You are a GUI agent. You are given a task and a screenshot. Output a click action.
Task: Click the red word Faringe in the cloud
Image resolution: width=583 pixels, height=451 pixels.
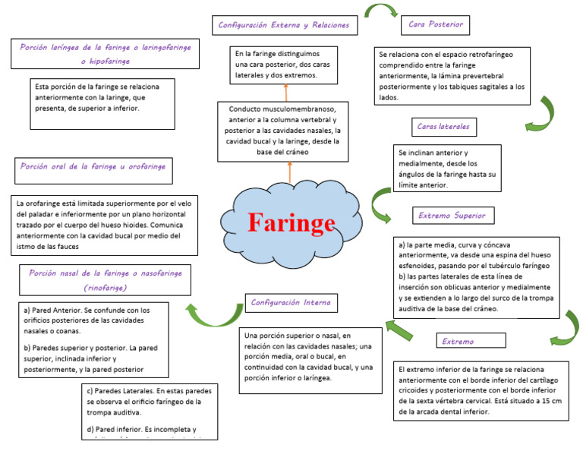point(291,223)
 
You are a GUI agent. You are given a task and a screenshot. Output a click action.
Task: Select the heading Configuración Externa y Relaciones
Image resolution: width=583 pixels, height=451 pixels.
point(284,25)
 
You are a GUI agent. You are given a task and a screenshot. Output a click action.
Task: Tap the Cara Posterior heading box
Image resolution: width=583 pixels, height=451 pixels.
point(436,24)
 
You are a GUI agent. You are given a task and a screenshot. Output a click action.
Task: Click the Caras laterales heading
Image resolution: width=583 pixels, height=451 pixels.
point(443,126)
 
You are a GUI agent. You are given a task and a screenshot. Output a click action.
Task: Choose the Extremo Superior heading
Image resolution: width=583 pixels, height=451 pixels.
point(452,215)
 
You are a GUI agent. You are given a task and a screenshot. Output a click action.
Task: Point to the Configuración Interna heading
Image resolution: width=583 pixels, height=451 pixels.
point(291,302)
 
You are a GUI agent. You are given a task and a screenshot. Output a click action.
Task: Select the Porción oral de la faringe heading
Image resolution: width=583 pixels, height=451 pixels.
point(93,166)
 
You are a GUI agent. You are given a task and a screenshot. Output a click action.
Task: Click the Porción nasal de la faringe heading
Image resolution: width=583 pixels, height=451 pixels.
point(105,280)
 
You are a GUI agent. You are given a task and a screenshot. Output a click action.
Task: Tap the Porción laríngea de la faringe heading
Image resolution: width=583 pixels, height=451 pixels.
point(105,53)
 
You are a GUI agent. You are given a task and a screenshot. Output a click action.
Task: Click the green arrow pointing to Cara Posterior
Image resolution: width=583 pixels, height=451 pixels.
point(381,11)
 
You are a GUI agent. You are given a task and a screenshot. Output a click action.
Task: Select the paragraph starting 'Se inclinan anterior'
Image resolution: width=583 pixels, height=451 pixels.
point(448,169)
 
